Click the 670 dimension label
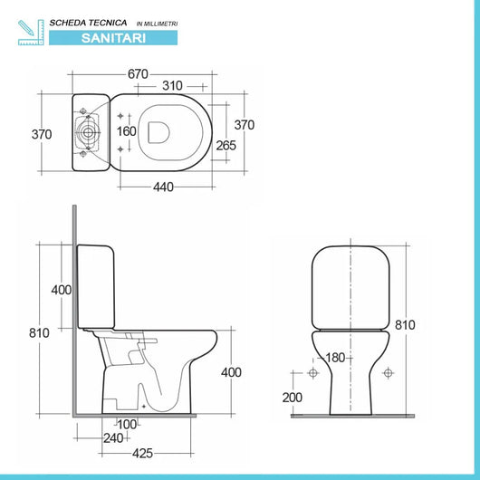click(138, 74)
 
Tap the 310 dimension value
click(172, 86)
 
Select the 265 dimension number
click(226, 146)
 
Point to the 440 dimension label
click(163, 187)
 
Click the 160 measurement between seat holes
click(127, 131)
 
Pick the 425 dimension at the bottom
click(142, 454)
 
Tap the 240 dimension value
click(113, 438)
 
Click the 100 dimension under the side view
click(127, 424)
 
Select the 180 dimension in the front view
click(335, 358)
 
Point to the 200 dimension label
click(292, 398)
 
